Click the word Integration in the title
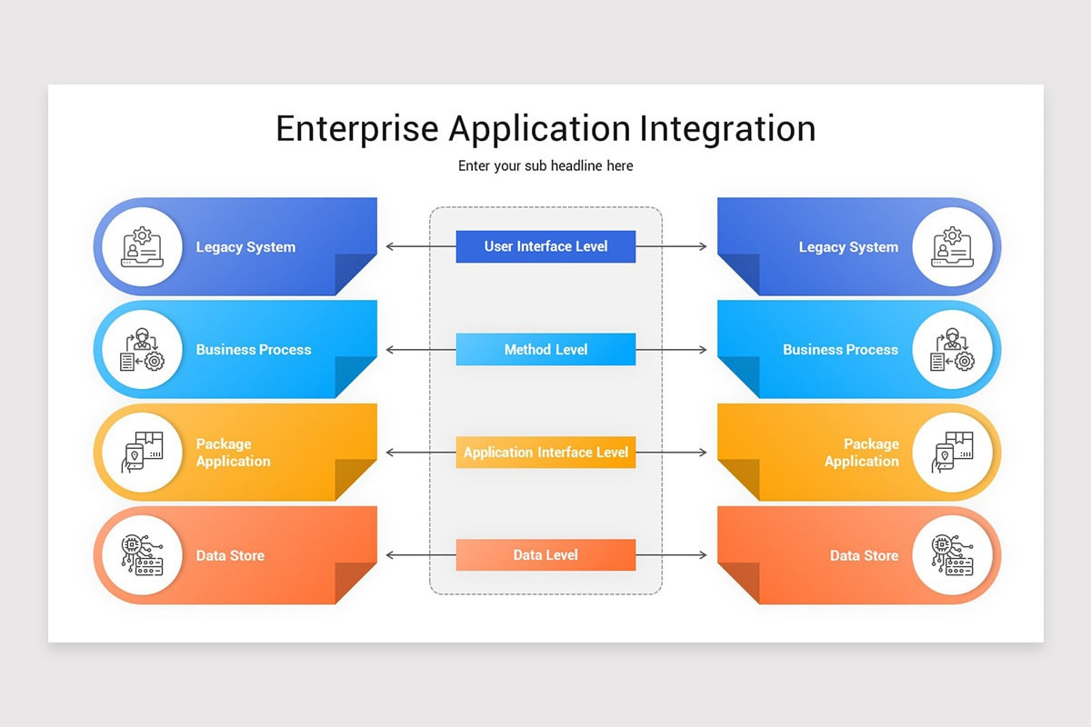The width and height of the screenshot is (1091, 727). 726,129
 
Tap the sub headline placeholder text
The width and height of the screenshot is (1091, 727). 545,165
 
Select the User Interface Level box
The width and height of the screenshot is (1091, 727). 545,246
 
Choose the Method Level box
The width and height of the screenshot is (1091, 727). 545,349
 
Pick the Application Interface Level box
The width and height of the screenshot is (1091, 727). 545,453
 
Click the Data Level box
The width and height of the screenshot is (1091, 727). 545,555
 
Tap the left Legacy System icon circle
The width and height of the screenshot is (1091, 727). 142,247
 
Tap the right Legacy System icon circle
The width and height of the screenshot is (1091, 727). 952,247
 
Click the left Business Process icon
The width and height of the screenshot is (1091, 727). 142,350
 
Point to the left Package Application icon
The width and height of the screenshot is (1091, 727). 142,453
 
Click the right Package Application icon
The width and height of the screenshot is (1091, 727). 952,453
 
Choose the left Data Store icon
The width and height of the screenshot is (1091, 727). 142,555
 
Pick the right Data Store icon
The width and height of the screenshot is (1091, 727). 952,555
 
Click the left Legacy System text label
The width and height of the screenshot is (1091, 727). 245,247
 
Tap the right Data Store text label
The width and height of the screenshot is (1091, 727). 864,555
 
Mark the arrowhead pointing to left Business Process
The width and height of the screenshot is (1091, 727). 389,350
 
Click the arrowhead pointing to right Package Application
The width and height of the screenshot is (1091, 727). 703,453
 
